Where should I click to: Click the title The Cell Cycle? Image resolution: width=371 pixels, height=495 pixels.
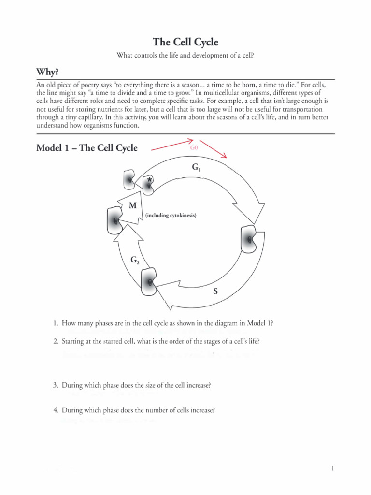pyautogui.click(x=185, y=42)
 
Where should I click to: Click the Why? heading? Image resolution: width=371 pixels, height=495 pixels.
pyautogui.click(x=48, y=72)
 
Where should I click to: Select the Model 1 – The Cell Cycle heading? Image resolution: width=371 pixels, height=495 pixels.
pyautogui.click(x=87, y=148)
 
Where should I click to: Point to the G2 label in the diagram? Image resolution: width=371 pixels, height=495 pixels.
pyautogui.click(x=135, y=260)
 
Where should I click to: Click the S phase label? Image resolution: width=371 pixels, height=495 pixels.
pyautogui.click(x=215, y=291)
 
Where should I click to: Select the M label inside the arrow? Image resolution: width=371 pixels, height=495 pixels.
pyautogui.click(x=132, y=205)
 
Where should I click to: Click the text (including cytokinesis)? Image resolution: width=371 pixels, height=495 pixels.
pyautogui.click(x=171, y=215)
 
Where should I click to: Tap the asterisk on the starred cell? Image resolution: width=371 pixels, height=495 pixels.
pyautogui.click(x=150, y=180)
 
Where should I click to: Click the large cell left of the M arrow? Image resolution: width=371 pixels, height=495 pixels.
pyautogui.click(x=115, y=220)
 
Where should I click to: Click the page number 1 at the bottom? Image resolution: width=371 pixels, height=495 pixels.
pyautogui.click(x=333, y=468)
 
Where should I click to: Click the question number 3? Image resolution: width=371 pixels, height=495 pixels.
pyautogui.click(x=56, y=385)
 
